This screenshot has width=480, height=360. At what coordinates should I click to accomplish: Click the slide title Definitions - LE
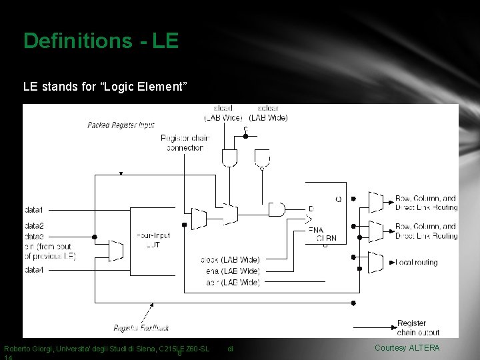(101, 41)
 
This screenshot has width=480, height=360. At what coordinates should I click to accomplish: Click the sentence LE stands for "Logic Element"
(105, 86)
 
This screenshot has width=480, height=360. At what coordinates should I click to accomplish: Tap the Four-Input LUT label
(153, 240)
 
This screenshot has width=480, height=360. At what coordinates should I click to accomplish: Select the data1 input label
(34, 209)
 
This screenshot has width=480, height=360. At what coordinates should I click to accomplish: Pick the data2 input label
(34, 227)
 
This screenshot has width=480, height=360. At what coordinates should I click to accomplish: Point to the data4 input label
(34, 270)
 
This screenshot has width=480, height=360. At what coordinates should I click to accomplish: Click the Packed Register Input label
(121, 125)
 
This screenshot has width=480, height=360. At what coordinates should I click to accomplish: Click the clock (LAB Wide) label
(231, 259)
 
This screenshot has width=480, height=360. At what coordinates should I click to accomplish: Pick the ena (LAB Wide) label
(231, 271)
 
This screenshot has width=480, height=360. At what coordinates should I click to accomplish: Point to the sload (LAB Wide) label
(223, 113)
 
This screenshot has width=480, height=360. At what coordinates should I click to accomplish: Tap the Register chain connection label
(185, 143)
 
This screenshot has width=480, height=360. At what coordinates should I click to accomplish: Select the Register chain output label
(418, 328)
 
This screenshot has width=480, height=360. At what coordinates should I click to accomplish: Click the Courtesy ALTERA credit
(407, 348)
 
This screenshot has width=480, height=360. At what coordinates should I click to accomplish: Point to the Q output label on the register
(339, 198)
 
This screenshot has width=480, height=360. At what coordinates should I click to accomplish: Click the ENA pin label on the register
(316, 230)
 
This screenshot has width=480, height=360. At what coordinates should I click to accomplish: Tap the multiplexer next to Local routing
(376, 263)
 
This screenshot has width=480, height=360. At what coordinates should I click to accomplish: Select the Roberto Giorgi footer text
(107, 349)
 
